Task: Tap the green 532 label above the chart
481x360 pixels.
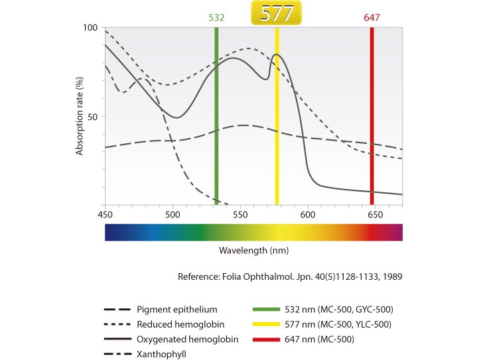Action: pos(216,17)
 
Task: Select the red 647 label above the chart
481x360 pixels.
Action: pos(372,17)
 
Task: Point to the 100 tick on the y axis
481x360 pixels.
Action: pos(90,28)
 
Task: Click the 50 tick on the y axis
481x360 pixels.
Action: pos(93,117)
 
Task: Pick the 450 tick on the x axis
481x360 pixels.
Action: pos(105,215)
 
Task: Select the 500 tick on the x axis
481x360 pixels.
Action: pos(172,215)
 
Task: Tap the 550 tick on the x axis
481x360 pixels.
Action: pos(240,215)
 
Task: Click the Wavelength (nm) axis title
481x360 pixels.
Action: pos(253,251)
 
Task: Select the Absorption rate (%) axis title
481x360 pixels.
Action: pos(80,117)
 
